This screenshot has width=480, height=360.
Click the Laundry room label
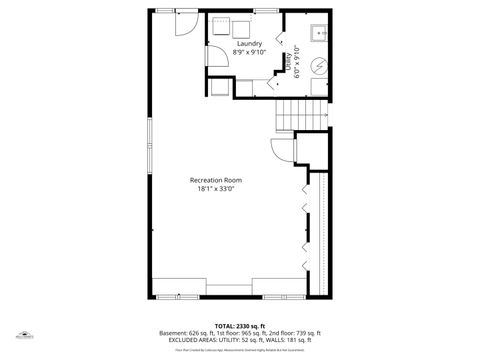point(249,44)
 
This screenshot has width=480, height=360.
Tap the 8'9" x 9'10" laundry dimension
point(249,53)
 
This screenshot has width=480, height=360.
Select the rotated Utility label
point(288,62)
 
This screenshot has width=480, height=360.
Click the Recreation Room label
point(216,180)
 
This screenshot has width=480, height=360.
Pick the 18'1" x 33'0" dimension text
point(216,189)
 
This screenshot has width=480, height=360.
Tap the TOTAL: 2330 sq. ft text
point(240,326)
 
